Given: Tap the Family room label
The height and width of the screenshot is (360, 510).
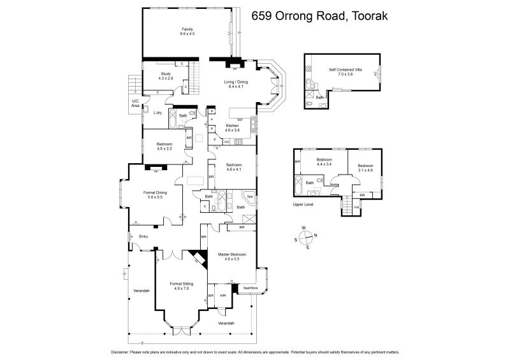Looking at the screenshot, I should pos(187,31).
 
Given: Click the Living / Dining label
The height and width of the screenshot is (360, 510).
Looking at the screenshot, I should pos(236,84).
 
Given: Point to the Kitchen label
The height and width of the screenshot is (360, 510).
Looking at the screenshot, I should pos(232,127).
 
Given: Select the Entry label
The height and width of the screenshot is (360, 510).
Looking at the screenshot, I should pos(143,237).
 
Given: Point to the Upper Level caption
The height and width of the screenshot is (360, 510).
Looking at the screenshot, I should pos(303,205).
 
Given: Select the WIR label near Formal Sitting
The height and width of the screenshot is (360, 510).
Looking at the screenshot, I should pos(223,295).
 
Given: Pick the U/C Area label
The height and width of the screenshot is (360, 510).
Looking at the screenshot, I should pos(135,103).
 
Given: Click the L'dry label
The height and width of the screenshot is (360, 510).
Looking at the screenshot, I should pos(157,113).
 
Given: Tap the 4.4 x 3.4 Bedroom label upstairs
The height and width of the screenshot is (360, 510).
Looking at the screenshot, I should pos(324,162).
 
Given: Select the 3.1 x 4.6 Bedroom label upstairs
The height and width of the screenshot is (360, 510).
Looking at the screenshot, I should pos(365,168).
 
